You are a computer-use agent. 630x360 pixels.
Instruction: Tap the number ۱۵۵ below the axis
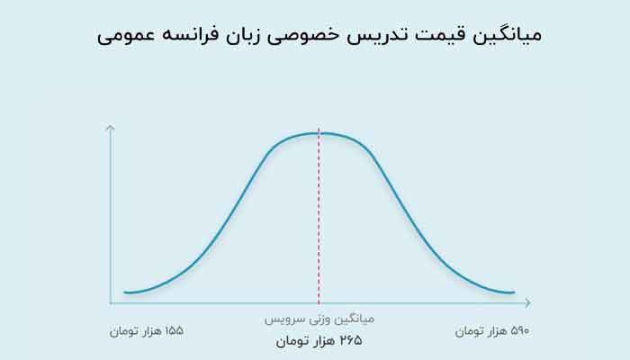click(x=174, y=331)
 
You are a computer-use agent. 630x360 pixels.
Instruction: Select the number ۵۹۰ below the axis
click(x=519, y=331)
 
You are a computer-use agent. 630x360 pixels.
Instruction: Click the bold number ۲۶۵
click(x=351, y=341)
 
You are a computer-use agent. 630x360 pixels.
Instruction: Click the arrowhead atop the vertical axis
click(x=110, y=127)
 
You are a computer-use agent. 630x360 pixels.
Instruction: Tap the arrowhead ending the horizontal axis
click(x=528, y=303)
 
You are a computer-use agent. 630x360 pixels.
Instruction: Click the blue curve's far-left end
click(x=125, y=292)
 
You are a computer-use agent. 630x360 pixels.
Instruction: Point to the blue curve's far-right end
click(x=514, y=292)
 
